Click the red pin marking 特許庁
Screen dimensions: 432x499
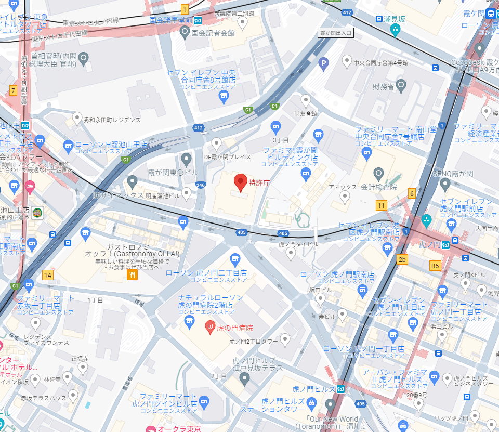240,182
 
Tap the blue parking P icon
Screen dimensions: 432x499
324,64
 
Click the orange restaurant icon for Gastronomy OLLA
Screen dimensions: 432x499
133,275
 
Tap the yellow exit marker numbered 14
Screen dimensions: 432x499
48,275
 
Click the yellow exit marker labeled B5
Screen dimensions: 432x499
435,266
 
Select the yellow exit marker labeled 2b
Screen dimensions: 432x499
402,259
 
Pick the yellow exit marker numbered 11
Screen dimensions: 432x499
382,205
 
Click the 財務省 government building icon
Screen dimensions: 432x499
400,84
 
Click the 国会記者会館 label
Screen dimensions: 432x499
213,33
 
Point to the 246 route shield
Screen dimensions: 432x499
201,185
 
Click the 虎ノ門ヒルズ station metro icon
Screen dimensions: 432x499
341,389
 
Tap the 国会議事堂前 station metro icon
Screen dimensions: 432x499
198,21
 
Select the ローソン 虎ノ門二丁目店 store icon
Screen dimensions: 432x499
235,258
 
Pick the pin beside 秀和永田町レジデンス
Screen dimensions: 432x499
77,119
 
